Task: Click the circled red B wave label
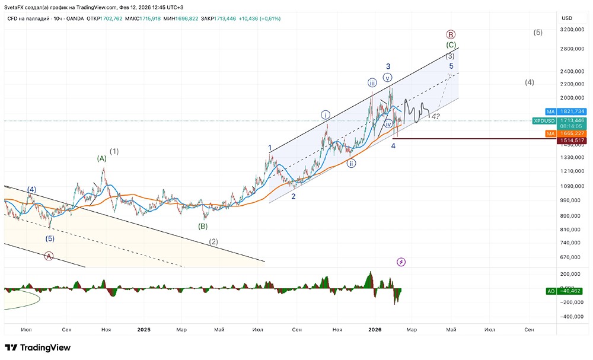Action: [x=451, y=34]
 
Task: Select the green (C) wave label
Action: [x=451, y=45]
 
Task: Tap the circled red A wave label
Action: [x=49, y=256]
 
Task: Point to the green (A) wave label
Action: [x=102, y=158]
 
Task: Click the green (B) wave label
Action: [x=203, y=226]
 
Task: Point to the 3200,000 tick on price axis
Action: [x=573, y=29]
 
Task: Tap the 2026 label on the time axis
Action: [x=374, y=329]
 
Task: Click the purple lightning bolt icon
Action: [x=401, y=262]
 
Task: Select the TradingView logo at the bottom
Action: [x=38, y=348]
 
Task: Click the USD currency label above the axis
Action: [x=567, y=18]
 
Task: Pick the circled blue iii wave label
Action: [x=372, y=82]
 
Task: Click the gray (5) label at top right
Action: [x=538, y=33]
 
